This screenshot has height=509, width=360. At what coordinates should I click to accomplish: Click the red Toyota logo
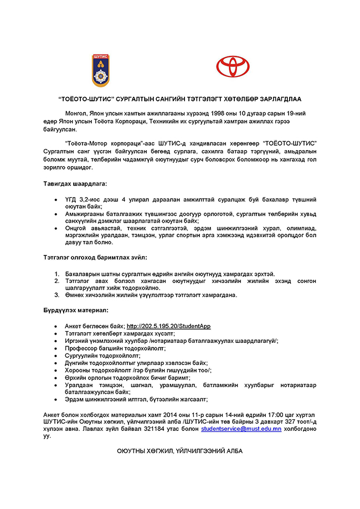pyautogui.click(x=233, y=67)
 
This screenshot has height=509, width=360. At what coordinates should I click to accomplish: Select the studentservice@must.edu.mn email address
pyautogui.click(x=241, y=429)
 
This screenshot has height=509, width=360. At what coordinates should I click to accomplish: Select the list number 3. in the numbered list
pyautogui.click(x=56, y=295)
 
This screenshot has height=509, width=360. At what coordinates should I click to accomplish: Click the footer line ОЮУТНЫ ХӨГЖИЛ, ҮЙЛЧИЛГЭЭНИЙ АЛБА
pyautogui.click(x=179, y=451)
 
